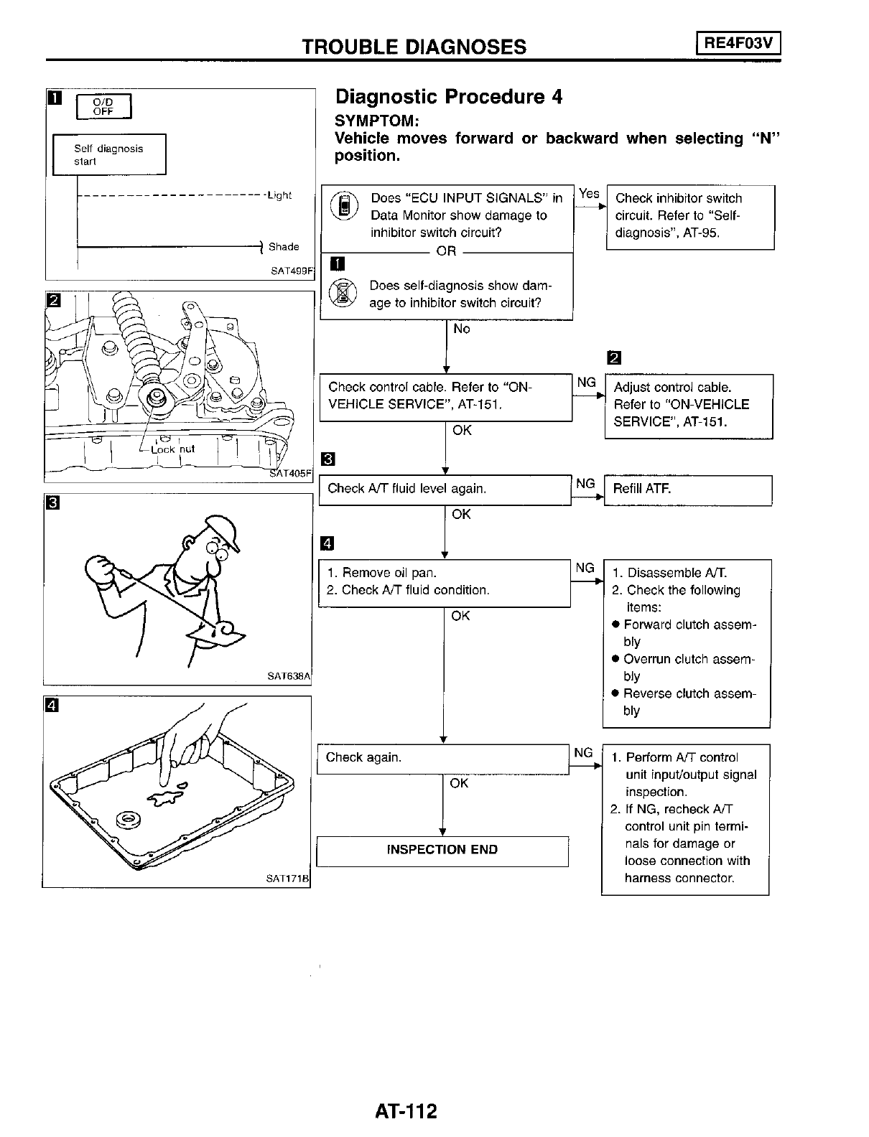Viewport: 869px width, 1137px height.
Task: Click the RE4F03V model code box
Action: (738, 45)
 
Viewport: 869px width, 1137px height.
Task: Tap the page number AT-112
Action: (406, 1111)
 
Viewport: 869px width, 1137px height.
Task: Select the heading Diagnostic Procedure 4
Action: (449, 97)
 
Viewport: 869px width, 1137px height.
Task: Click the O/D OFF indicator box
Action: (104, 107)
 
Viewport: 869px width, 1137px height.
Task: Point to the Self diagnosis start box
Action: (109, 154)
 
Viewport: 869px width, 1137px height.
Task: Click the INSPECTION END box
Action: (442, 850)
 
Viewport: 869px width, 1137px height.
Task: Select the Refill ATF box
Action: (687, 490)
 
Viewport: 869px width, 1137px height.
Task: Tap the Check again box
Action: (442, 758)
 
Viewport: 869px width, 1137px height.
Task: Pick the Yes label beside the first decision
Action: (589, 194)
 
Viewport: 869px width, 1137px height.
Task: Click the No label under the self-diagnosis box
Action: (462, 329)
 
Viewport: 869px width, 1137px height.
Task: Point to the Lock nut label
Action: (172, 449)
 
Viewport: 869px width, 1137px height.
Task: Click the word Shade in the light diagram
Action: (284, 247)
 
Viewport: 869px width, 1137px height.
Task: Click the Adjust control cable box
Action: (689, 405)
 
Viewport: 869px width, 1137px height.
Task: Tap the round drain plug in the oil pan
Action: (131, 818)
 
